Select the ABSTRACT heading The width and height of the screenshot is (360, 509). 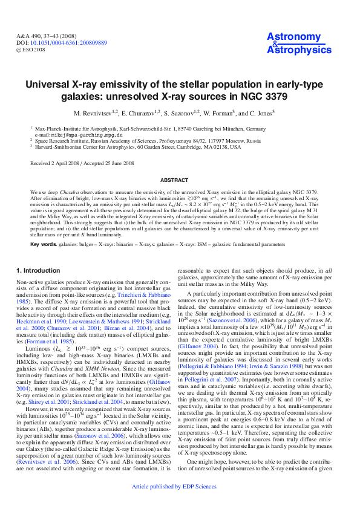(180, 180)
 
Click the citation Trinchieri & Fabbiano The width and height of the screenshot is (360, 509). (134, 290)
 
